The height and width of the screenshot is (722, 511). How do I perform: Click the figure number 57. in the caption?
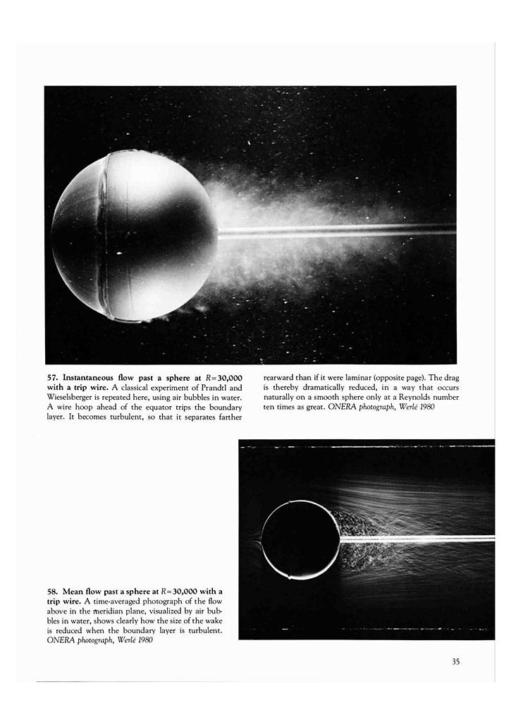[52, 379]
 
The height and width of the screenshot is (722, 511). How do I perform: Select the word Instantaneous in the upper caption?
[92, 379]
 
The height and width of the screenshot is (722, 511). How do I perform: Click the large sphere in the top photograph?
[134, 236]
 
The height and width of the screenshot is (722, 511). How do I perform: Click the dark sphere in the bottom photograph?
[300, 539]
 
